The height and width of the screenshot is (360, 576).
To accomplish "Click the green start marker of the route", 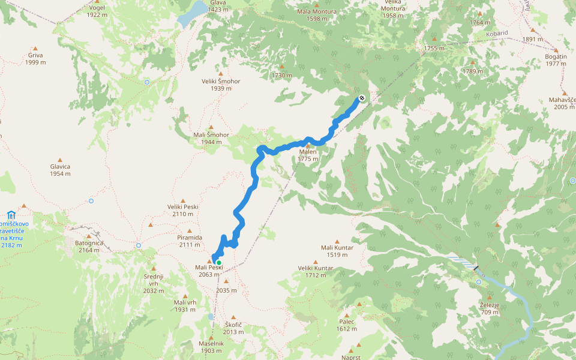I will (x=219, y=263).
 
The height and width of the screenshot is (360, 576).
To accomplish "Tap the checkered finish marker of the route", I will (x=362, y=98).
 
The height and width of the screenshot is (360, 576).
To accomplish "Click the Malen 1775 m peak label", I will (x=308, y=155).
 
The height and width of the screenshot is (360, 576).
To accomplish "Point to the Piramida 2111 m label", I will (x=190, y=241).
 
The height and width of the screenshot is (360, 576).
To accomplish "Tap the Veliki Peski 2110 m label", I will (x=183, y=210).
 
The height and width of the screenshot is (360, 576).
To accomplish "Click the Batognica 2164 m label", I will (x=89, y=246).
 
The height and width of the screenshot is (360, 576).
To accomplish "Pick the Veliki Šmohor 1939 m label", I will (x=221, y=85).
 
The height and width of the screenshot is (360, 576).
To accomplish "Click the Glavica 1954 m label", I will (x=60, y=170).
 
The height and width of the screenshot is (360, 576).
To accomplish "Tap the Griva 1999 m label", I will (x=35, y=58).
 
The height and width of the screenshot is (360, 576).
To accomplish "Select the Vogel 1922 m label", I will (x=96, y=11).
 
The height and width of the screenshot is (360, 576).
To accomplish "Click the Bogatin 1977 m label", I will (x=556, y=59).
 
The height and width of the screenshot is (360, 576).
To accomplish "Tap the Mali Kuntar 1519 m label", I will (x=337, y=251).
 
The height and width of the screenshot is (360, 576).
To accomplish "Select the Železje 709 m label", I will (x=490, y=308).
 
